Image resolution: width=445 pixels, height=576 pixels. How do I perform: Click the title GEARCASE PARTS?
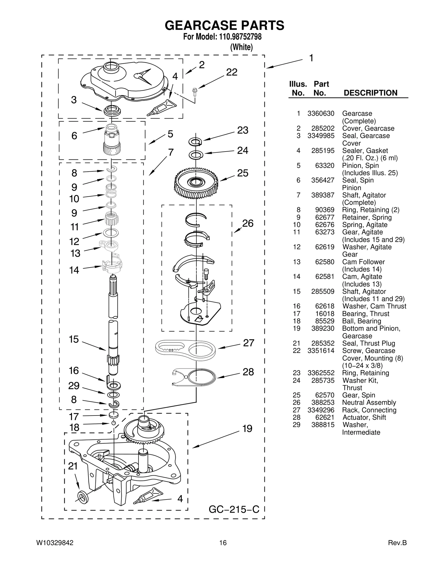click(224, 25)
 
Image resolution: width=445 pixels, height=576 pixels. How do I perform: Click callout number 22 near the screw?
click(231, 72)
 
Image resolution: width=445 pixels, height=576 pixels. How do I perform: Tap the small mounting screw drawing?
click(195, 91)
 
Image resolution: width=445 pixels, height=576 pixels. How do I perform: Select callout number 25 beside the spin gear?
click(243, 173)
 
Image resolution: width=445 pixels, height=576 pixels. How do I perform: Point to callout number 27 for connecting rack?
click(248, 343)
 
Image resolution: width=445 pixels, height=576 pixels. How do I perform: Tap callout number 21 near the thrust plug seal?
click(73, 466)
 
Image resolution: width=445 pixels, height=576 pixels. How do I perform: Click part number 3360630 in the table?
click(321, 113)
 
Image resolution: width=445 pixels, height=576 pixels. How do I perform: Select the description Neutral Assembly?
click(369, 402)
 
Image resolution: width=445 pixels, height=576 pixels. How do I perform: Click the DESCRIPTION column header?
click(370, 93)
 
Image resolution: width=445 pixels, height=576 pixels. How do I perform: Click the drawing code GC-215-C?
click(234, 509)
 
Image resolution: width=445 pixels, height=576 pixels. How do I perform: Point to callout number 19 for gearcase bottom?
click(247, 429)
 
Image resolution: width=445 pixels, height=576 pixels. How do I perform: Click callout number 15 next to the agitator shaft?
click(74, 339)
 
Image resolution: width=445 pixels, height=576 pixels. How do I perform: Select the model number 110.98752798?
click(238, 37)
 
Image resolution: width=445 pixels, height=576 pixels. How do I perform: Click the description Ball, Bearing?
click(361, 321)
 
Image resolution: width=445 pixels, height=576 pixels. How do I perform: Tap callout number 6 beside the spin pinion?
click(74, 136)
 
